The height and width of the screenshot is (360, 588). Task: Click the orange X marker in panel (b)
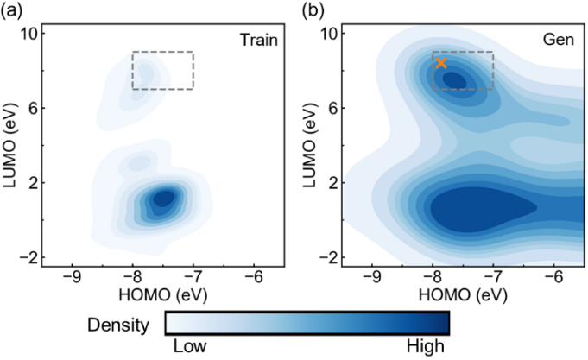pos(441,63)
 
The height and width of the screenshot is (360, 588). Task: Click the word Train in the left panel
pos(259,39)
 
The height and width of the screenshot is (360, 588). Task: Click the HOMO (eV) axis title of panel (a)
pos(163,295)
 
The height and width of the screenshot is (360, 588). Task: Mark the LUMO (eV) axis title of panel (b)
pos(308,144)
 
